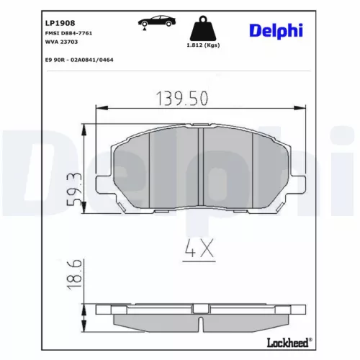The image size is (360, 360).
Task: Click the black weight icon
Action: [203, 30]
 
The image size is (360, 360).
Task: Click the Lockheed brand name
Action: [289, 342]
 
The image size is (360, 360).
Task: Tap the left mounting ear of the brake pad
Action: [104, 181]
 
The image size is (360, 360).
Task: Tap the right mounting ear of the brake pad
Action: [297, 181]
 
